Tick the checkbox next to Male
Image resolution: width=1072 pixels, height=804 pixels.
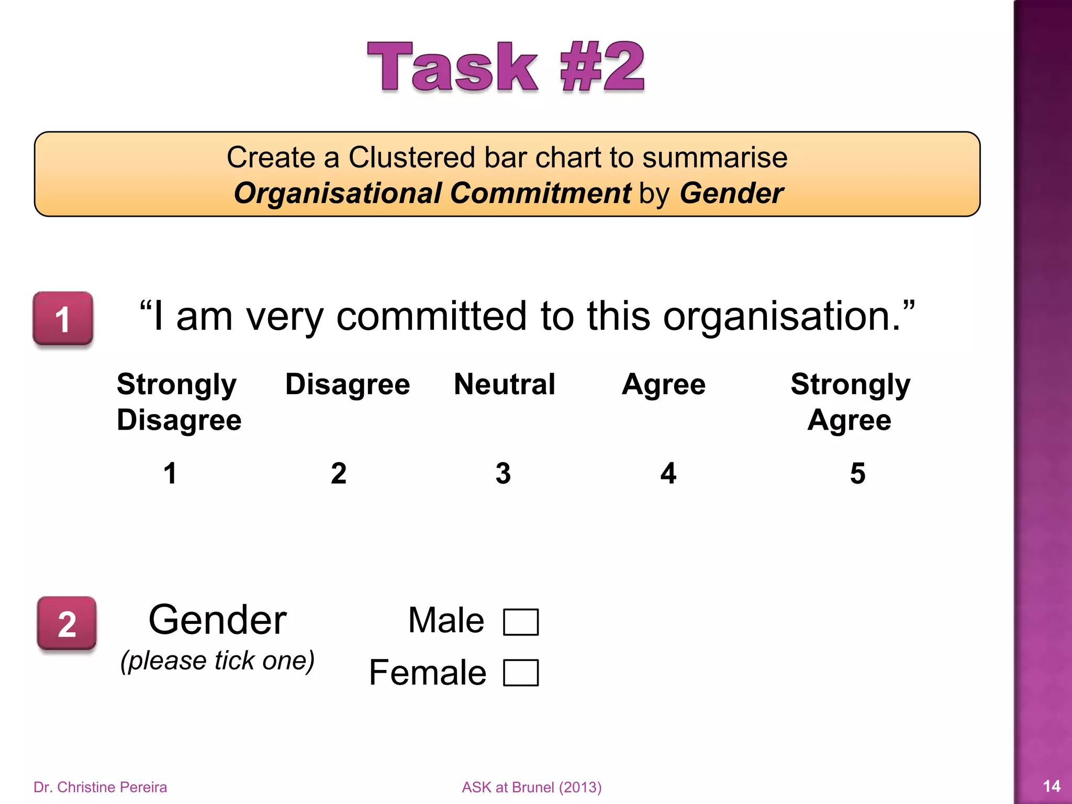pyautogui.click(x=520, y=622)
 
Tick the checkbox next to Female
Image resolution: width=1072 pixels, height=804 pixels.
pyautogui.click(x=520, y=673)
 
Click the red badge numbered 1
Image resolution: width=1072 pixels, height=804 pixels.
pyautogui.click(x=63, y=319)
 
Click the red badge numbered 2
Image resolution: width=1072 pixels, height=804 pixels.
pyautogui.click(x=66, y=623)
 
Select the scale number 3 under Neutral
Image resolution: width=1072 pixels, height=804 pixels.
pyautogui.click(x=503, y=473)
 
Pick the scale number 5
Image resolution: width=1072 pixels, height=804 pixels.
pyautogui.click(x=857, y=473)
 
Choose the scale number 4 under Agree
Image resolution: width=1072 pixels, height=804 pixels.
pyautogui.click(x=668, y=473)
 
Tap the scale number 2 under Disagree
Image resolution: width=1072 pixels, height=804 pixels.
pyautogui.click(x=339, y=473)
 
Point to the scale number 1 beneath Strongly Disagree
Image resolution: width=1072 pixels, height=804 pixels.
pyautogui.click(x=170, y=473)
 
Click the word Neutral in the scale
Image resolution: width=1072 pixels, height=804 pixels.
pyautogui.click(x=504, y=384)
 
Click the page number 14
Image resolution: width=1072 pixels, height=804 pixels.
pyautogui.click(x=1051, y=786)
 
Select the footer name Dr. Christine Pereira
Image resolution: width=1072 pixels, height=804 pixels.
pyautogui.click(x=100, y=787)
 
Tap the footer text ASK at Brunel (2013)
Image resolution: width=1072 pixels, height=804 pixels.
pyautogui.click(x=531, y=787)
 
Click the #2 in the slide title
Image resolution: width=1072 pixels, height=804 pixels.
pyautogui.click(x=602, y=67)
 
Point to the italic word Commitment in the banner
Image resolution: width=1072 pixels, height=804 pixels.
pyautogui.click(x=540, y=193)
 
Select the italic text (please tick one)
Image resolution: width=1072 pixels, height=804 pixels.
pyautogui.click(x=217, y=661)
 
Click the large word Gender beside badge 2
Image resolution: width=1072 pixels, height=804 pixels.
pyautogui.click(x=217, y=620)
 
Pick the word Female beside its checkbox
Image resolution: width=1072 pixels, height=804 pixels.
pyautogui.click(x=428, y=673)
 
